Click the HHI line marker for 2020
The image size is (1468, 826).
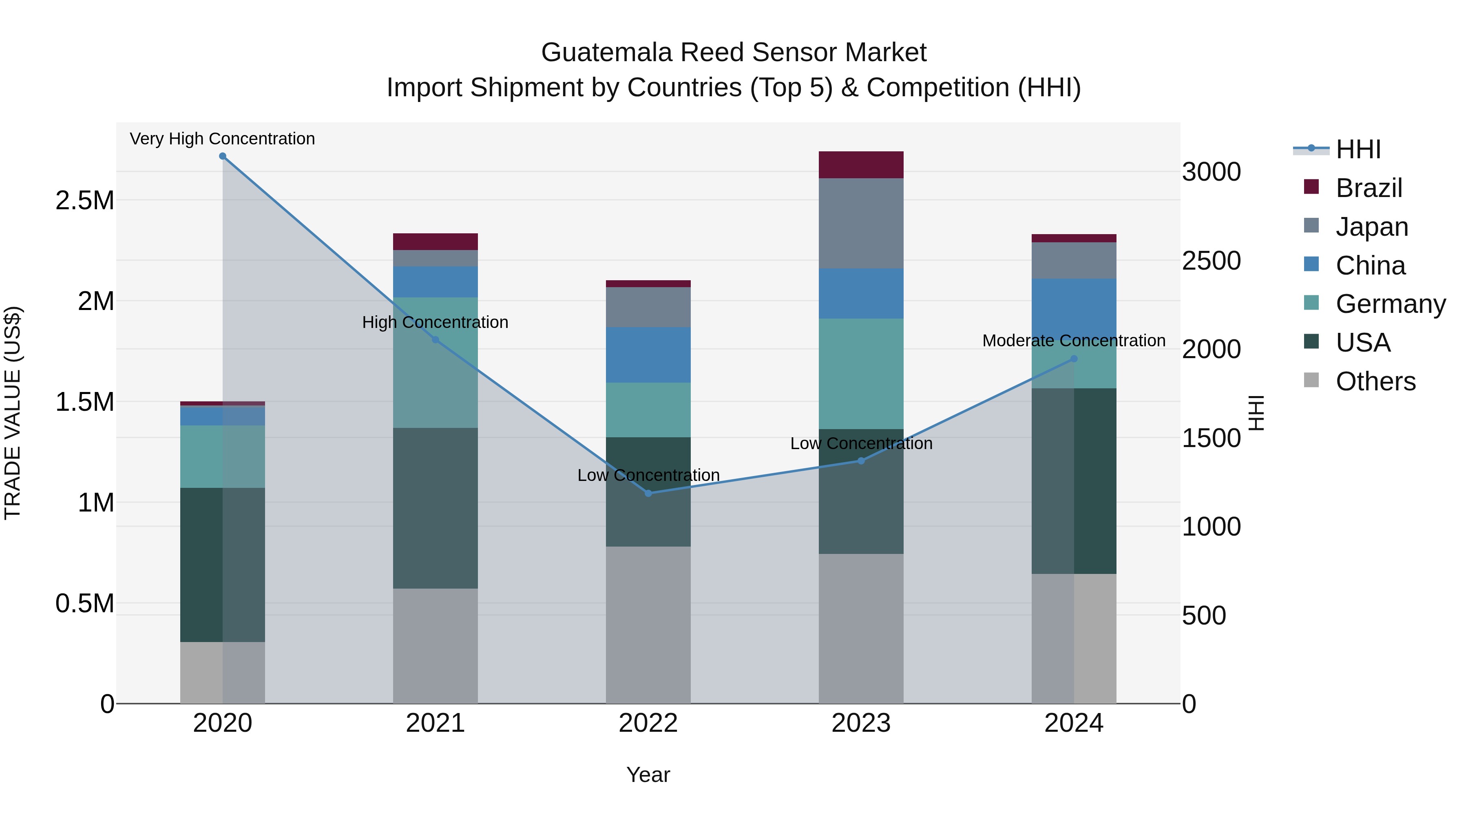click(x=223, y=156)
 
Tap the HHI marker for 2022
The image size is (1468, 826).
click(x=648, y=493)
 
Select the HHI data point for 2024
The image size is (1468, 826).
click(x=1074, y=359)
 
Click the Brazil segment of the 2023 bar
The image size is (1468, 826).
click(x=861, y=165)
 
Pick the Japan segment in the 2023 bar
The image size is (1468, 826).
click(x=861, y=224)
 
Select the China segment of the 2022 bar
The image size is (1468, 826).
click(x=648, y=354)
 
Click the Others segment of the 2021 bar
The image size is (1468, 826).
click(x=436, y=645)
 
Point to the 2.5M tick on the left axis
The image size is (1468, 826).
click(x=84, y=201)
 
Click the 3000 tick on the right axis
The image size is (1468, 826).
click(x=1211, y=172)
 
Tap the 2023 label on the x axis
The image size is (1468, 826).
click(x=861, y=723)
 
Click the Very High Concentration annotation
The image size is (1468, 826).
click(x=222, y=139)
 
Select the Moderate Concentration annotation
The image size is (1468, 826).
click(x=1074, y=340)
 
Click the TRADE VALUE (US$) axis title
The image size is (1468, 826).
click(x=13, y=413)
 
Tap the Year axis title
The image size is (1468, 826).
click(x=648, y=775)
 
